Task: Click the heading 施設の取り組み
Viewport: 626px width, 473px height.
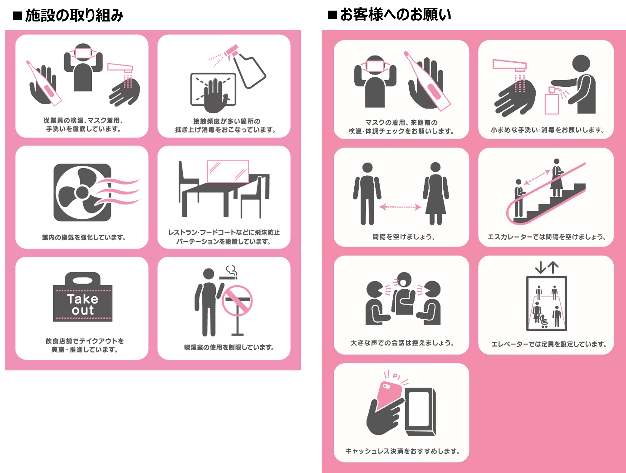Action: pos(74,15)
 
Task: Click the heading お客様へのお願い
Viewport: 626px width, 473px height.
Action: pos(395,15)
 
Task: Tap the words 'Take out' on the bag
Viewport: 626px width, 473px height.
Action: pos(83,304)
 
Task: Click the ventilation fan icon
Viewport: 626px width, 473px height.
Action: pos(82,192)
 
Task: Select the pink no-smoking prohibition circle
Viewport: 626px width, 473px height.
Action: pos(237,301)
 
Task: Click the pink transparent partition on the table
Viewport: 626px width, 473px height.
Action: pos(228,171)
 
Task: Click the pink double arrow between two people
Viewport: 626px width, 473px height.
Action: pos(400,207)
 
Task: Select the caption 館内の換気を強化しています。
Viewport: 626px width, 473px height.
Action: pos(84,237)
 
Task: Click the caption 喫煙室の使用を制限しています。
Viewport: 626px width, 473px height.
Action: pos(229,347)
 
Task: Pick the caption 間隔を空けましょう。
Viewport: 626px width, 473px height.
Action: pos(404,237)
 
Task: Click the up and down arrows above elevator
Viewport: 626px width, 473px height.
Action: pos(546,267)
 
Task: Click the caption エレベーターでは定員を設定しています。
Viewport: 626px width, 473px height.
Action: pos(549,344)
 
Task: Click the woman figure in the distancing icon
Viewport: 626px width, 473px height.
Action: pos(435,194)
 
